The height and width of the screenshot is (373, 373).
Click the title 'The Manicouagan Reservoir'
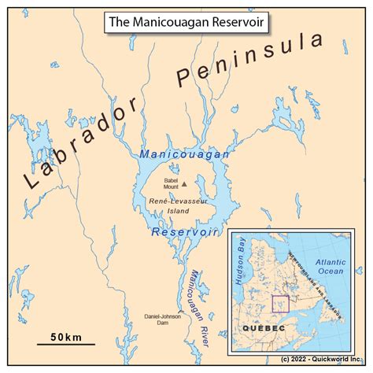tap(186, 21)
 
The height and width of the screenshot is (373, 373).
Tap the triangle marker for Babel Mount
tap(184, 183)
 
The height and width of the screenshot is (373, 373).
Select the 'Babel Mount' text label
tap(171, 183)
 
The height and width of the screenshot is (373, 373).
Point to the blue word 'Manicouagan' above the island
tap(184, 155)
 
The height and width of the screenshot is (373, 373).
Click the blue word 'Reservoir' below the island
tap(185, 233)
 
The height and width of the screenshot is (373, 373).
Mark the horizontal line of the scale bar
tap(66, 344)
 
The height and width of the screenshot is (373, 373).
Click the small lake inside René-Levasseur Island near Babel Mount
tap(207, 188)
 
